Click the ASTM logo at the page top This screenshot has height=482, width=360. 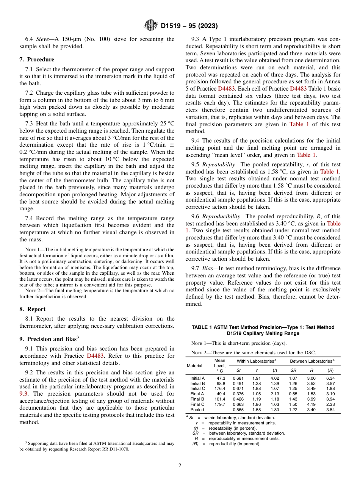[x=150, y=26]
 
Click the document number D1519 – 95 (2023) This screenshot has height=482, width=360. [x=189, y=26]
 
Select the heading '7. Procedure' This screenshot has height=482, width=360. [x=37, y=59]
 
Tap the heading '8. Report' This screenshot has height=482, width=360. [x=32, y=309]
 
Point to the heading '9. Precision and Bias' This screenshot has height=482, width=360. [x=48, y=339]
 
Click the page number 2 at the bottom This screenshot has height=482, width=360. [x=180, y=466]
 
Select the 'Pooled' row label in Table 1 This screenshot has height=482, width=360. [x=197, y=410]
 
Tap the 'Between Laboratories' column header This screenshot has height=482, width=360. [x=312, y=361]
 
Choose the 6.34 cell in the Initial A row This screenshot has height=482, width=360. [x=330, y=378]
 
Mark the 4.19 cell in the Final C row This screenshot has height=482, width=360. [x=311, y=404]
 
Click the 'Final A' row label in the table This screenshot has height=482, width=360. [x=197, y=394]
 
